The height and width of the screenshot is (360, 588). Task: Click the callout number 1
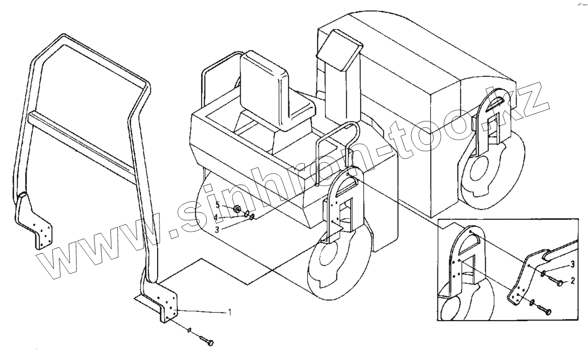point(230,313)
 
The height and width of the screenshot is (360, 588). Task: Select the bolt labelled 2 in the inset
point(558,284)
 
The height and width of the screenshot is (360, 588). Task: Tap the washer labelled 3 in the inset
point(544,274)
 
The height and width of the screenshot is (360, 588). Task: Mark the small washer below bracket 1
point(189,329)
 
